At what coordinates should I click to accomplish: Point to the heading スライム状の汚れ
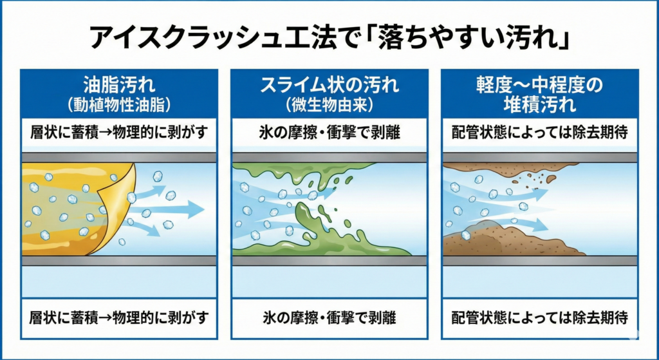(x=329, y=84)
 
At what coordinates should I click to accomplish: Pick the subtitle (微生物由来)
(x=329, y=103)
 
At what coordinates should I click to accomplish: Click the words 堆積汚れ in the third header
(x=539, y=104)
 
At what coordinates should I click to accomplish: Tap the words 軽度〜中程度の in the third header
(x=539, y=84)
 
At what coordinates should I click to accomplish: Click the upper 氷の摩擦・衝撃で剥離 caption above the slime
(x=329, y=133)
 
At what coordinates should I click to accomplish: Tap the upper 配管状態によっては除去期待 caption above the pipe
(x=539, y=133)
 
